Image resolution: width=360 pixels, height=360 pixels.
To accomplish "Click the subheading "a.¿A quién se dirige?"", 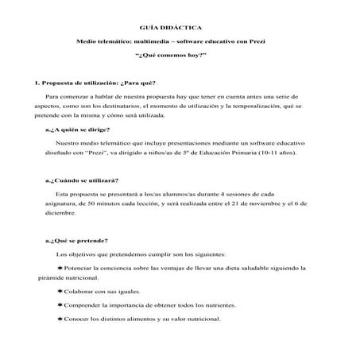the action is click(x=78, y=130).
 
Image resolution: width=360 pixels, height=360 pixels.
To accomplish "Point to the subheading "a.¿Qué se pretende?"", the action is click(x=77, y=241).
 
